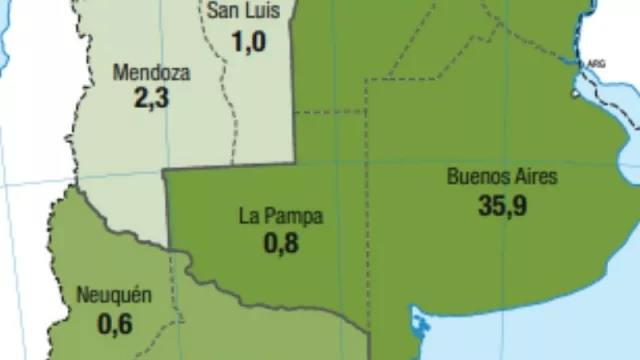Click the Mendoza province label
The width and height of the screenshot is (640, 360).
[151, 73]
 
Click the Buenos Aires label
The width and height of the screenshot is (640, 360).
[502, 178]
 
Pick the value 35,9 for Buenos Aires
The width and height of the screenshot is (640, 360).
[503, 206]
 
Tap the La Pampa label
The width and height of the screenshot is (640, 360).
[281, 215]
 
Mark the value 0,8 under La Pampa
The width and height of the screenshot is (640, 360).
[281, 243]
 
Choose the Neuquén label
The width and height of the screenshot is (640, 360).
[114, 296]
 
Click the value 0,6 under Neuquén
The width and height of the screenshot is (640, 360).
[114, 324]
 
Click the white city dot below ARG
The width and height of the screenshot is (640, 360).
[575, 95]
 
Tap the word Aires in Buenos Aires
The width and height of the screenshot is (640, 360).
[535, 178]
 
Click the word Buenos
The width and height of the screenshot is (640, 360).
[477, 178]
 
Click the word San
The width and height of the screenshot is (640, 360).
[223, 12]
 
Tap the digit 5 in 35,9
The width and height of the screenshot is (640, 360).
[497, 206]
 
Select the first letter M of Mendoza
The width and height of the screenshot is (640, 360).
[119, 73]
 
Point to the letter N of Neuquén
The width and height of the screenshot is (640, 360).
[82, 296]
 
